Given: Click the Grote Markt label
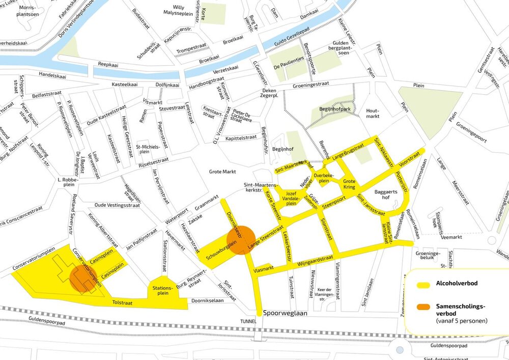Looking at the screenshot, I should pos(222,172).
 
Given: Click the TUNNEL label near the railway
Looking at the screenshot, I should pos(250,322).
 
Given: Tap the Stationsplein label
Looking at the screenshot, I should pos(161,291).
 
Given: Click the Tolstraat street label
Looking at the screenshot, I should pos(122,303).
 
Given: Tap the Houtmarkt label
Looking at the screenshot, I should pos(373,113).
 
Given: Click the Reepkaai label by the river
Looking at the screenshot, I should pos(108,65).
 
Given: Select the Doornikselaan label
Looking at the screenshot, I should pos(208,301).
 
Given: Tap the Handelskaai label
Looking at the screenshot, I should pos(52,76).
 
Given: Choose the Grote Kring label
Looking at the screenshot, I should pos(349,184).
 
